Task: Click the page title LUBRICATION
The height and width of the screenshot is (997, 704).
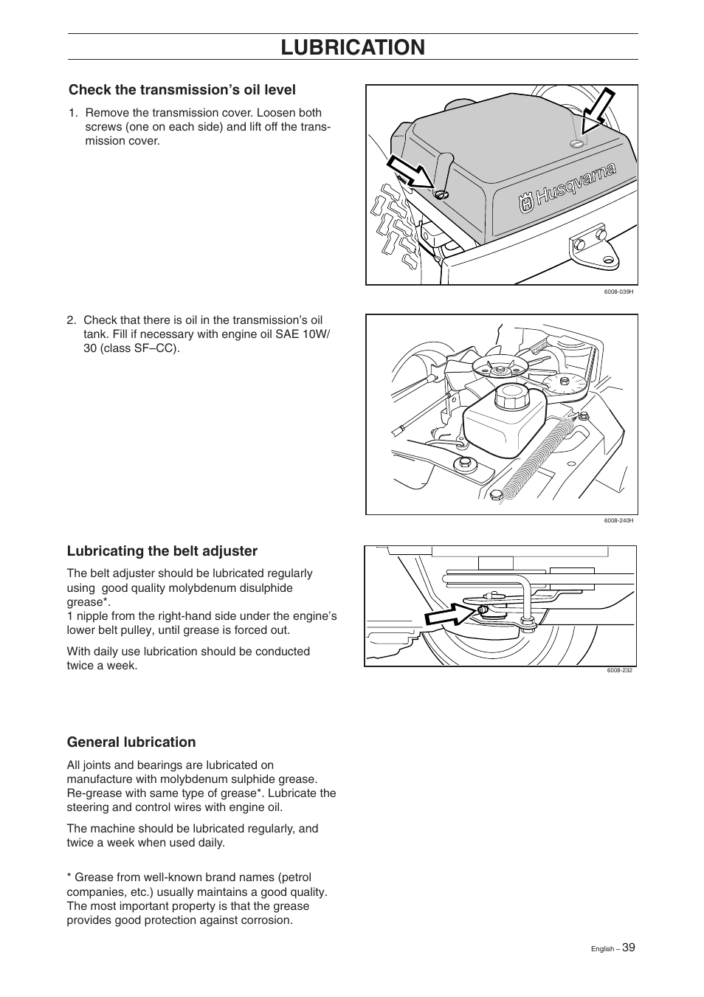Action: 353,47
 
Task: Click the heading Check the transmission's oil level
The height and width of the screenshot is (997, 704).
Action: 182,90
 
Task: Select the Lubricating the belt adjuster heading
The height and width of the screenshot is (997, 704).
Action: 162,551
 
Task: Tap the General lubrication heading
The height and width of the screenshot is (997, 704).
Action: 131,742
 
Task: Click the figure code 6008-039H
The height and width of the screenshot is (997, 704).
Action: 618,291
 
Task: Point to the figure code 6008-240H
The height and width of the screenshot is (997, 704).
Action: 618,521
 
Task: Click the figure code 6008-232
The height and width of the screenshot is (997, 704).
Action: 620,670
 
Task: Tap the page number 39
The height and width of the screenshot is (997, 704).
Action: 628,948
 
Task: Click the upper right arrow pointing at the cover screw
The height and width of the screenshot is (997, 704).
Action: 598,111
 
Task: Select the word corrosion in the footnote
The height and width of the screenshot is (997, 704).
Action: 264,920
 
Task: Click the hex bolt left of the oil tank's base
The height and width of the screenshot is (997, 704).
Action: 466,463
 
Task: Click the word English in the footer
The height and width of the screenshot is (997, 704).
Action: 604,949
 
